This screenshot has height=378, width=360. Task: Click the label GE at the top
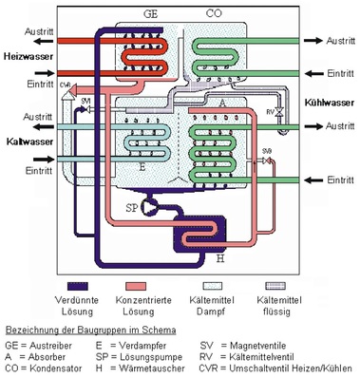tap(150, 14)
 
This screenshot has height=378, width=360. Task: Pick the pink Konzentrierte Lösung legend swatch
tap(155, 282)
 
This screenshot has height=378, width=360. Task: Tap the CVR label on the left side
tap(65, 86)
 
